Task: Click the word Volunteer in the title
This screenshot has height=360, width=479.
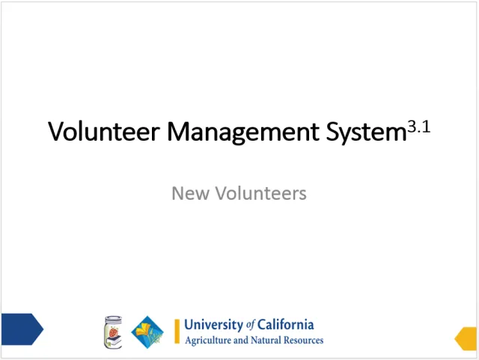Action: click(104, 132)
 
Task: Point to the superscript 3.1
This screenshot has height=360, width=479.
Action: click(418, 126)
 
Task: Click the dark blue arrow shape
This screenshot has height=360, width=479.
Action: click(21, 329)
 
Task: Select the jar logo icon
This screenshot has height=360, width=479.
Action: click(112, 332)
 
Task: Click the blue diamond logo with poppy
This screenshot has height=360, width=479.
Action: click(147, 332)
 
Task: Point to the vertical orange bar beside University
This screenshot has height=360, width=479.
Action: click(177, 332)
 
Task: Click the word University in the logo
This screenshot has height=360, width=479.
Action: click(213, 325)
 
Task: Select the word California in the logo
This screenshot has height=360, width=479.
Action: click(287, 325)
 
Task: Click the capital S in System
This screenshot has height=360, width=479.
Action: click(333, 132)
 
